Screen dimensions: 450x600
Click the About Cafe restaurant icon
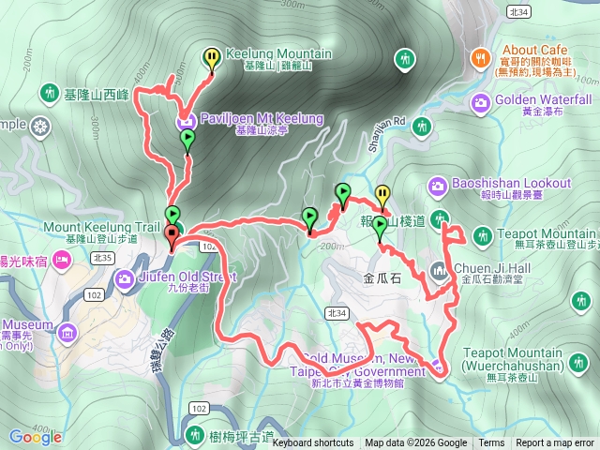480,58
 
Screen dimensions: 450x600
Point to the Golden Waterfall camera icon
480,100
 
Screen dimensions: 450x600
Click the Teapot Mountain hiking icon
482,234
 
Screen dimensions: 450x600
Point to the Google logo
36,437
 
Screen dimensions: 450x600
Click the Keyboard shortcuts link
313,443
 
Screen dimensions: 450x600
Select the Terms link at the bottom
491,443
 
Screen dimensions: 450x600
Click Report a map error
555,443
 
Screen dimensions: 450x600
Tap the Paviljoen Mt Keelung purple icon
186,120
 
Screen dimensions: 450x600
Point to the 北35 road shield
102,257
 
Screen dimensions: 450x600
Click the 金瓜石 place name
382,278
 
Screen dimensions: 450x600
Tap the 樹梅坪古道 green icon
195,435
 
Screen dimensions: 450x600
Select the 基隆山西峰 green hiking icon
49,94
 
